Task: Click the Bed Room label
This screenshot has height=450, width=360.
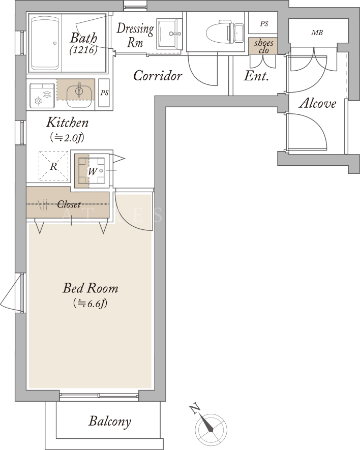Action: pyautogui.click(x=91, y=288)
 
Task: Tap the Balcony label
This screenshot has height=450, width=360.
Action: pyautogui.click(x=110, y=422)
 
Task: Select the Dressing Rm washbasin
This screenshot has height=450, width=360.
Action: pyautogui.click(x=169, y=34)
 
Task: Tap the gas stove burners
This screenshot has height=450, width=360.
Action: pyautogui.click(x=42, y=96)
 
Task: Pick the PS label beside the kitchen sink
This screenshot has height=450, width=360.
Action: pyautogui.click(x=104, y=93)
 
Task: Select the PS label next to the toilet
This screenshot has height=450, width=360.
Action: pyautogui.click(x=264, y=23)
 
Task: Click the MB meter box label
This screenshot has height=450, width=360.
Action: pyautogui.click(x=317, y=33)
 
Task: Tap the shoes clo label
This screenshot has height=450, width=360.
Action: pyautogui.click(x=263, y=46)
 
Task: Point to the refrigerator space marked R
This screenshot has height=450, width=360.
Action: pyautogui.click(x=54, y=166)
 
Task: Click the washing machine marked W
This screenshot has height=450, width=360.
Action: pyautogui.click(x=92, y=171)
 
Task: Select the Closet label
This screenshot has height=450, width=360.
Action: pyautogui.click(x=69, y=204)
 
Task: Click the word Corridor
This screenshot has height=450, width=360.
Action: pyautogui.click(x=158, y=76)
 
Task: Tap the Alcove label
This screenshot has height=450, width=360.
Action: pyautogui.click(x=317, y=103)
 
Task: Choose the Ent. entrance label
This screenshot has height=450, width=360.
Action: pyautogui.click(x=256, y=76)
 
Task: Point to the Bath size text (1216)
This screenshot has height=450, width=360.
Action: pyautogui.click(x=83, y=50)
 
